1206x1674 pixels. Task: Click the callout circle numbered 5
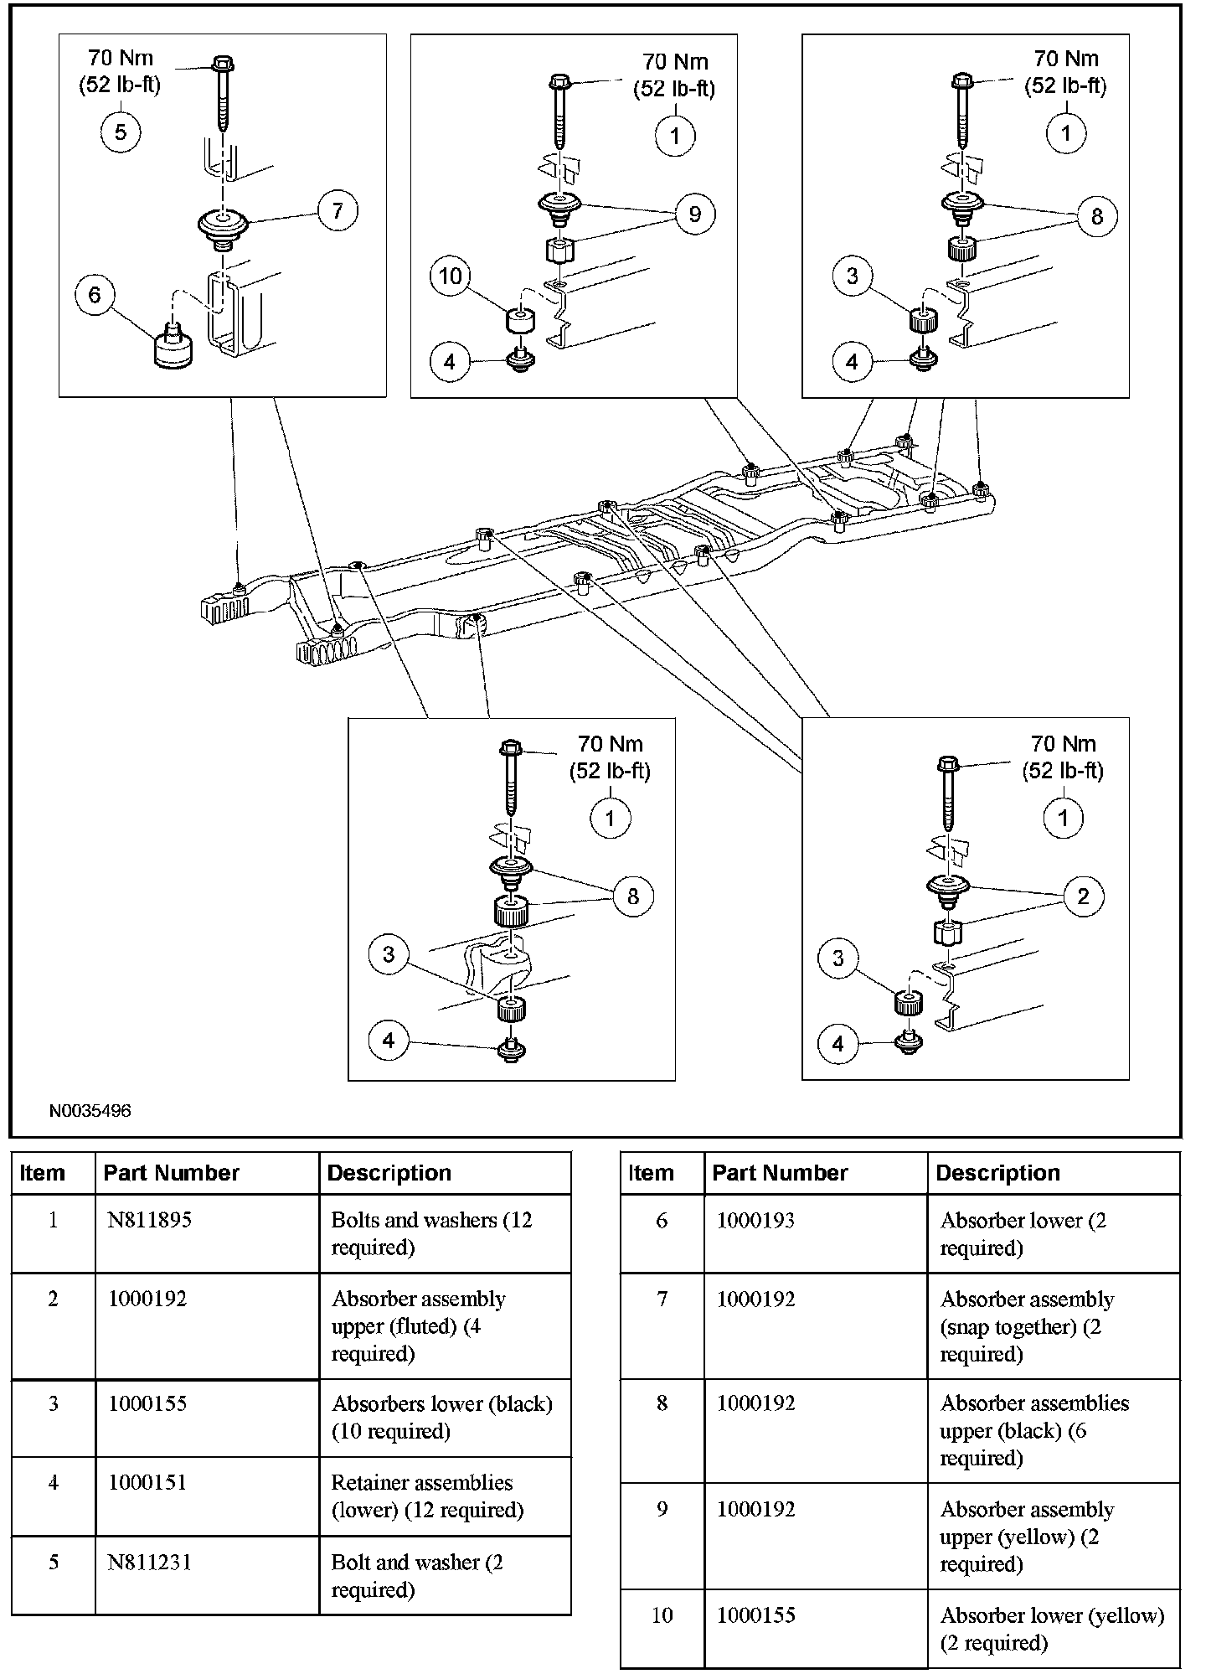pyautogui.click(x=121, y=132)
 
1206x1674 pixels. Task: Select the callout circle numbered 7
pyautogui.click(x=338, y=209)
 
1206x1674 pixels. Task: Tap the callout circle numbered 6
pyautogui.click(x=94, y=295)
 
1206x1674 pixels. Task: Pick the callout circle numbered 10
pyautogui.click(x=451, y=276)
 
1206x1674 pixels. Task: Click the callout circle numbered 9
pyautogui.click(x=694, y=214)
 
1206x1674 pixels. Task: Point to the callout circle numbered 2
pyautogui.click(x=1083, y=896)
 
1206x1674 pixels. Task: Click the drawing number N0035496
pyautogui.click(x=90, y=1111)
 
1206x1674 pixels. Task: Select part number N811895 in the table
pyautogui.click(x=149, y=1220)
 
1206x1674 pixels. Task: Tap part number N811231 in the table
pyautogui.click(x=149, y=1562)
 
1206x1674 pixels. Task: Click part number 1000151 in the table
pyautogui.click(x=147, y=1482)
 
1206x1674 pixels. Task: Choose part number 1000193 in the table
pyautogui.click(x=756, y=1221)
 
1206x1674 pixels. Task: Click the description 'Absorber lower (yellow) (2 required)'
pyautogui.click(x=1052, y=1629)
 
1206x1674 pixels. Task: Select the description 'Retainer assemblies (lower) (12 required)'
pyautogui.click(x=427, y=1496)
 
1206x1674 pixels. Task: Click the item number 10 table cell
pyautogui.click(x=662, y=1615)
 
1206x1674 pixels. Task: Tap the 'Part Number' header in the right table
pyautogui.click(x=780, y=1173)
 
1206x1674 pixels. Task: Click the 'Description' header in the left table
pyautogui.click(x=389, y=1173)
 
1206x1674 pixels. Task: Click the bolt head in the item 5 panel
pyautogui.click(x=223, y=64)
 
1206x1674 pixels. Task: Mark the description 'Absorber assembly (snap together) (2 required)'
pyautogui.click(x=1027, y=1326)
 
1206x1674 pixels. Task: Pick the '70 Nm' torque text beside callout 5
pyautogui.click(x=120, y=58)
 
